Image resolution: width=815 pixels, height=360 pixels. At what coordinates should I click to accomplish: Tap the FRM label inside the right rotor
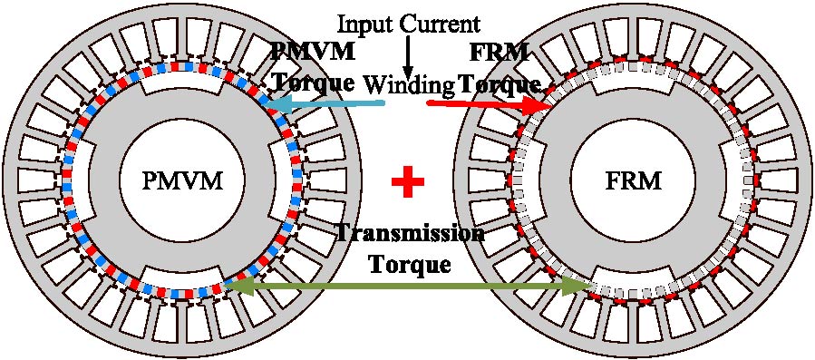click(x=634, y=181)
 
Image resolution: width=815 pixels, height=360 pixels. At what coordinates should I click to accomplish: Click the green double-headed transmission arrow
click(x=408, y=287)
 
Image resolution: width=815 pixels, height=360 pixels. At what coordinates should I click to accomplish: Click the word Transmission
click(x=410, y=234)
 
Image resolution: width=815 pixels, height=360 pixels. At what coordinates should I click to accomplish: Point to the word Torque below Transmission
click(x=409, y=265)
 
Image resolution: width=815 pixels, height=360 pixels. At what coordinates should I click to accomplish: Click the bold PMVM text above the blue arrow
click(x=311, y=50)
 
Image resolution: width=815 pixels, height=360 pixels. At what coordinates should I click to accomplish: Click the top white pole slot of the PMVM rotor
click(x=181, y=83)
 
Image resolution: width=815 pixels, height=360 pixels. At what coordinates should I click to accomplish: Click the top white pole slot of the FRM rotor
click(x=634, y=83)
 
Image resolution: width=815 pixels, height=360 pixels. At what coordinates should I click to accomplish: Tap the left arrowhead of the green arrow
click(x=234, y=287)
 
